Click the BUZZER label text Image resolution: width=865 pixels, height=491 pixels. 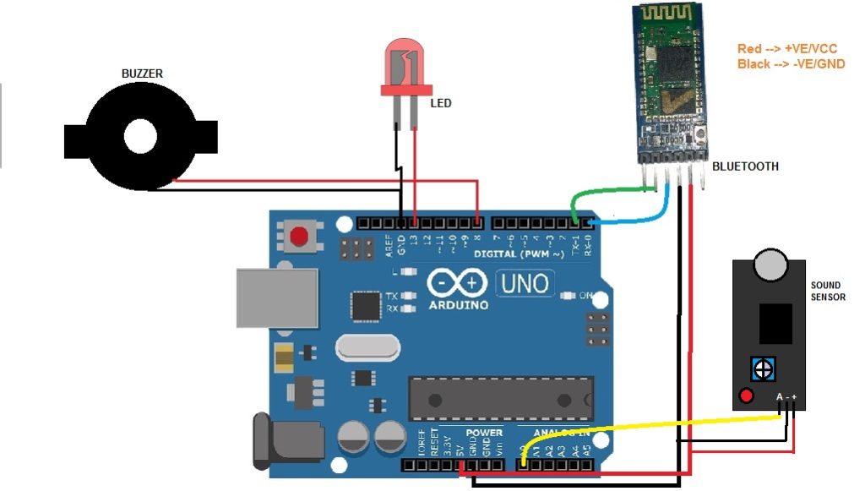click(x=142, y=74)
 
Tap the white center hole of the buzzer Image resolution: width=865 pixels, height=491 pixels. click(x=141, y=135)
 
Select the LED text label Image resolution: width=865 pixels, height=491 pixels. click(x=441, y=104)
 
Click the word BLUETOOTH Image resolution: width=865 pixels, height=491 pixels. click(x=745, y=166)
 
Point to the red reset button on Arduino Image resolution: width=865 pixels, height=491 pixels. click(x=298, y=237)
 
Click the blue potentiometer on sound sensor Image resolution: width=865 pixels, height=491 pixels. click(x=763, y=369)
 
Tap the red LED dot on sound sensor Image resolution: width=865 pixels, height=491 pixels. click(x=746, y=396)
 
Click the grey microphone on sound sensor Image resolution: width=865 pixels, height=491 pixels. click(x=770, y=265)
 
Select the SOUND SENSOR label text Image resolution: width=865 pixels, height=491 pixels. click(x=827, y=292)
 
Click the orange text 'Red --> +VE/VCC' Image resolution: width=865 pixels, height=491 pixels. click(x=787, y=49)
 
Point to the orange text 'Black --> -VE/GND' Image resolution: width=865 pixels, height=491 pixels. click(x=791, y=64)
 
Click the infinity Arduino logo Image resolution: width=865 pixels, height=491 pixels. click(x=458, y=282)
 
